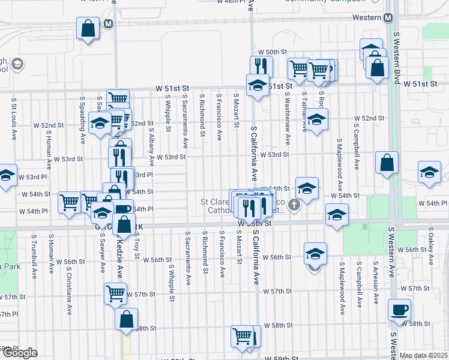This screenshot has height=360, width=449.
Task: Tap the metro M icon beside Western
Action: pos(388,17)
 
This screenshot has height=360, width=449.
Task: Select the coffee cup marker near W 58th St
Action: pos(399,310)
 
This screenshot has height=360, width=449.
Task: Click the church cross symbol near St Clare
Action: pos(294,205)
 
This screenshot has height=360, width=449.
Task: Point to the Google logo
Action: pos(19,353)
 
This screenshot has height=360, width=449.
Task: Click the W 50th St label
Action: pos(270,53)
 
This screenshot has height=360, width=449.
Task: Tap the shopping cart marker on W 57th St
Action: pos(115,294)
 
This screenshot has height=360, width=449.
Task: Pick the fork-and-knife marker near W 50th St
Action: pos(261,65)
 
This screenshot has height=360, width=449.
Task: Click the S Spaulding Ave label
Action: pos(82,115)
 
